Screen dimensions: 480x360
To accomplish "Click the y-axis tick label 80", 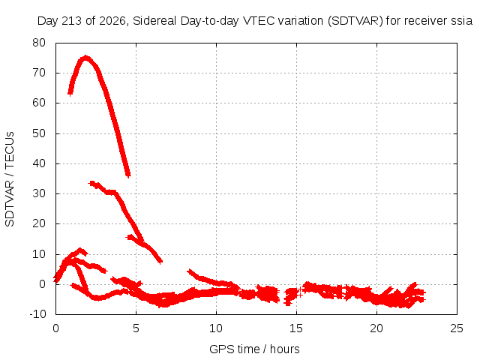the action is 39,43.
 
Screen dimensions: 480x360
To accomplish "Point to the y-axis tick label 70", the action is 39,73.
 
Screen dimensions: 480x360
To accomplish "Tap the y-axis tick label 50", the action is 39,133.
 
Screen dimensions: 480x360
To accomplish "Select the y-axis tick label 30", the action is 39,193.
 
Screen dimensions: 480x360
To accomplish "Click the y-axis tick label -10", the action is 37,313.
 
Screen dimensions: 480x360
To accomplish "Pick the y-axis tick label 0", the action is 42,284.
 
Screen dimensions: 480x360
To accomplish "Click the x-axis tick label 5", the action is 136,328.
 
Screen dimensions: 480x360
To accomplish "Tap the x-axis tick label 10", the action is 216,328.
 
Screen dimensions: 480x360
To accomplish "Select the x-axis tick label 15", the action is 296,328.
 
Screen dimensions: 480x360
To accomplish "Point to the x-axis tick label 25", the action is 457,328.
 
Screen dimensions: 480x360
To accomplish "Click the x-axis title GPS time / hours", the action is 254,349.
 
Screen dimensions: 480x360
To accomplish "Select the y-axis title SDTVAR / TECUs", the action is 10,179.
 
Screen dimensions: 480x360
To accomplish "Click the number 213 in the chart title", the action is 72,21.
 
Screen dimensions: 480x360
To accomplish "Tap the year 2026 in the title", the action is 112,21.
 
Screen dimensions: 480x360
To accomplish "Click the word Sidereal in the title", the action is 155,21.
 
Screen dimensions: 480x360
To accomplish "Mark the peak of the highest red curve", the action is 85,57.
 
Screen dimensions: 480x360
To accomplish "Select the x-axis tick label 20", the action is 376,328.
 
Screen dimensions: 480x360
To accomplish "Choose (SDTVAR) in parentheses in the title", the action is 355,21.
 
